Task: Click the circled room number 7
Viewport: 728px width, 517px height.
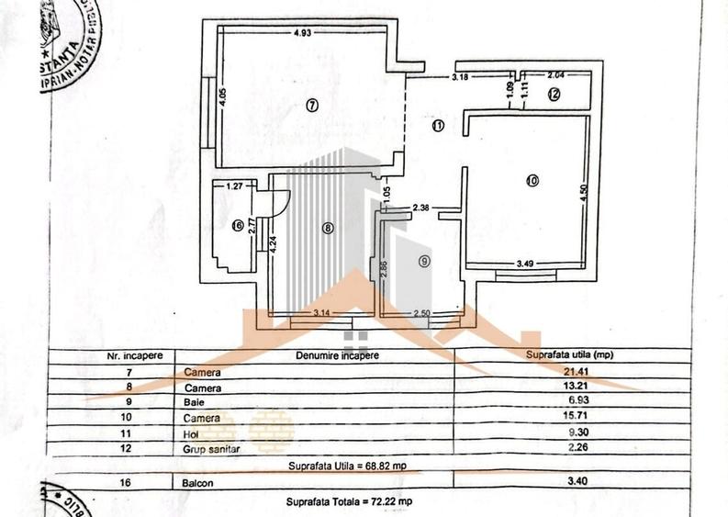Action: pos(312,106)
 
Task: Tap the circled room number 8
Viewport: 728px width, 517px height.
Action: pos(328,229)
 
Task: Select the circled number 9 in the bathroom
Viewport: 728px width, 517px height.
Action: pos(423,261)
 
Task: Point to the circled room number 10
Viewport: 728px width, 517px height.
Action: pos(532,181)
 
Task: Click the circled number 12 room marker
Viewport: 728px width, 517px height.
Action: pos(554,93)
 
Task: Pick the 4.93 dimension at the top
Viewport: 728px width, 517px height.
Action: pos(302,33)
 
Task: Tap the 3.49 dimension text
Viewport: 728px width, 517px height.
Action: pos(525,264)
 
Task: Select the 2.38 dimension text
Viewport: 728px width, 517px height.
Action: pos(422,207)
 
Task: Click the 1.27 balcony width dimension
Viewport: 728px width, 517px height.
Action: pos(235,185)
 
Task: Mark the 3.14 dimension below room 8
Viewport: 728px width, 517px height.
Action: pos(321,314)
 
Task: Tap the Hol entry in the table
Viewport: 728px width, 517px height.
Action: pos(191,433)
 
